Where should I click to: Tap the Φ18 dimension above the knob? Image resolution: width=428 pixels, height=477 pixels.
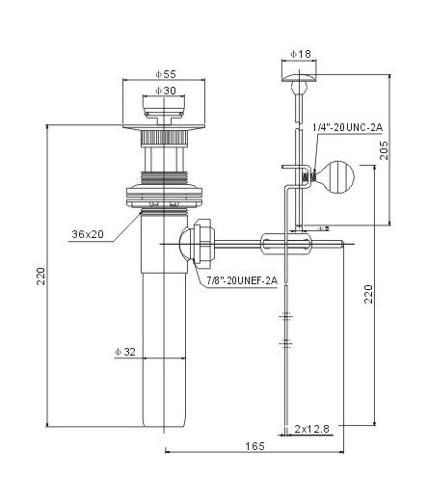pyautogui.click(x=301, y=54)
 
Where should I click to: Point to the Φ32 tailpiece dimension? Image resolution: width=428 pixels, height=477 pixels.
pyautogui.click(x=125, y=352)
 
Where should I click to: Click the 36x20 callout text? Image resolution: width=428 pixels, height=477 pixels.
pyautogui.click(x=88, y=234)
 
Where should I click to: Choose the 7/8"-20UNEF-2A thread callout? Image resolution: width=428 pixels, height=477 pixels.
pyautogui.click(x=242, y=280)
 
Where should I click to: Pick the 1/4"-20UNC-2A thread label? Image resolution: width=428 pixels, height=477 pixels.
pyautogui.click(x=348, y=127)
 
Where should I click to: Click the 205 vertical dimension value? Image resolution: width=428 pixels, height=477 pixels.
pyautogui.click(x=384, y=150)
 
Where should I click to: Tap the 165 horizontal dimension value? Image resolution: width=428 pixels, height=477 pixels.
pyautogui.click(x=255, y=446)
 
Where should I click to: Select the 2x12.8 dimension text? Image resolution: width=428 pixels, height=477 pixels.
pyautogui.click(x=312, y=429)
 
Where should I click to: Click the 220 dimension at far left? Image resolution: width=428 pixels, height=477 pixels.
pyautogui.click(x=40, y=276)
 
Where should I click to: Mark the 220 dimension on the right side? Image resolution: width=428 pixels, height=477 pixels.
pyautogui.click(x=368, y=294)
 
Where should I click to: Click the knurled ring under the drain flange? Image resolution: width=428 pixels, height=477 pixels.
pyautogui.click(x=164, y=139)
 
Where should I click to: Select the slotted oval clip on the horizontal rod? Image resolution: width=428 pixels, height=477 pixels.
pyautogui.click(x=286, y=244)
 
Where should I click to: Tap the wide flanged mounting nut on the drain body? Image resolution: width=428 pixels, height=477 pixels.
pyautogui.click(x=164, y=196)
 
